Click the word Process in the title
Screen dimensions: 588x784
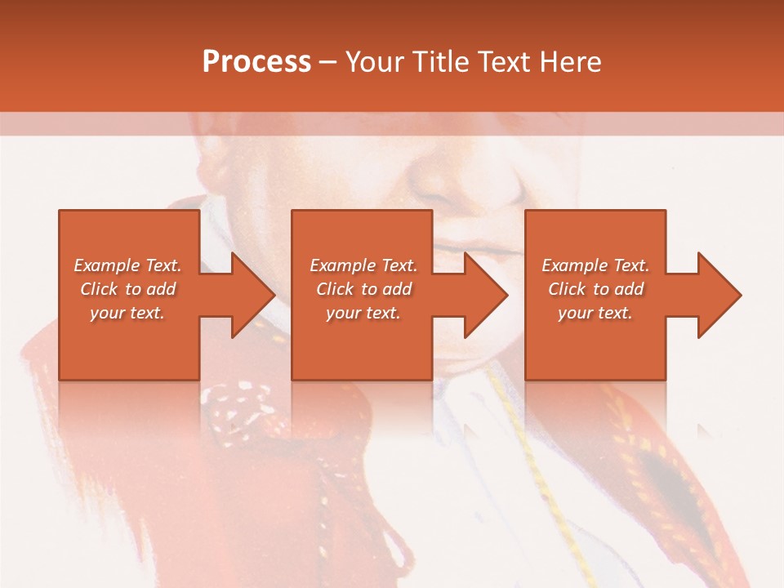tap(256, 62)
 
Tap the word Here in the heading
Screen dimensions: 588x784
tap(569, 62)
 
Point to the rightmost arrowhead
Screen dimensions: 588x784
tap(718, 295)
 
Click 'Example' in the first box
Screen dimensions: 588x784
tap(106, 265)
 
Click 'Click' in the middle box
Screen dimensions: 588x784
tap(334, 289)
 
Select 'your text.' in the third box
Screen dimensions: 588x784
tap(595, 313)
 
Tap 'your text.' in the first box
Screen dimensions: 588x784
tap(127, 313)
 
